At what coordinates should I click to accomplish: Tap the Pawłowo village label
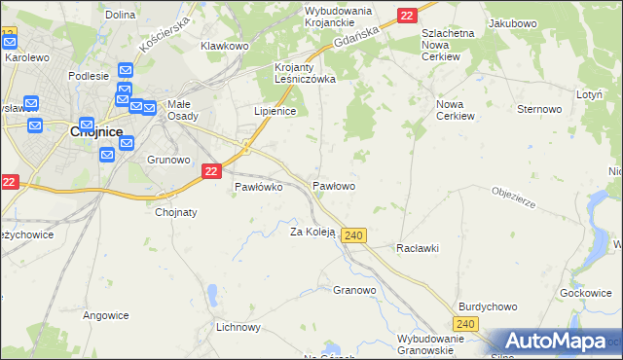[x=333, y=185]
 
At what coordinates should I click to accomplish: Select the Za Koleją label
[x=312, y=232]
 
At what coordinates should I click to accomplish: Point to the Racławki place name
[x=418, y=248]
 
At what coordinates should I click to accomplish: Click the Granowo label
[x=354, y=290]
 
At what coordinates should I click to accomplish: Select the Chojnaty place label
[x=176, y=212]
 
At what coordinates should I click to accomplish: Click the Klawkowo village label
[x=225, y=46]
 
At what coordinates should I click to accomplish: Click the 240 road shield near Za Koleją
[x=354, y=236]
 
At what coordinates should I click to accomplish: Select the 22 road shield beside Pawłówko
[x=212, y=170]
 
